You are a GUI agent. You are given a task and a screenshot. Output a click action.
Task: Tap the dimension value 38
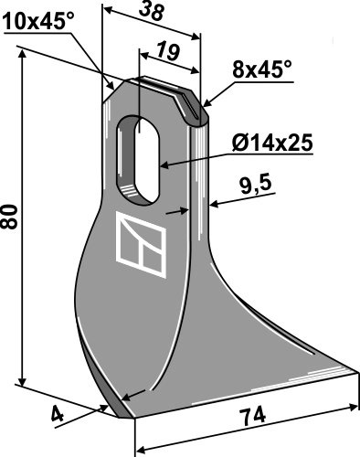tap(152, 12)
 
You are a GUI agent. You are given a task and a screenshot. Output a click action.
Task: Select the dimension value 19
tap(168, 51)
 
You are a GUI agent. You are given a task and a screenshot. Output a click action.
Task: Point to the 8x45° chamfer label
tap(262, 69)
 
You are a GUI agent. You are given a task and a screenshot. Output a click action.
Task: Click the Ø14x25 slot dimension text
tap(272, 143)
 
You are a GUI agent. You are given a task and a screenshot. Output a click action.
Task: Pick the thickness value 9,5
tap(256, 186)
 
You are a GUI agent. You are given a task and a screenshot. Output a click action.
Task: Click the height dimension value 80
tap(10, 217)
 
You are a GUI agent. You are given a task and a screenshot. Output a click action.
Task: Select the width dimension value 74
tap(252, 416)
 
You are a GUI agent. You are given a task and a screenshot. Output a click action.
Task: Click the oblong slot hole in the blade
tap(139, 160)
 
